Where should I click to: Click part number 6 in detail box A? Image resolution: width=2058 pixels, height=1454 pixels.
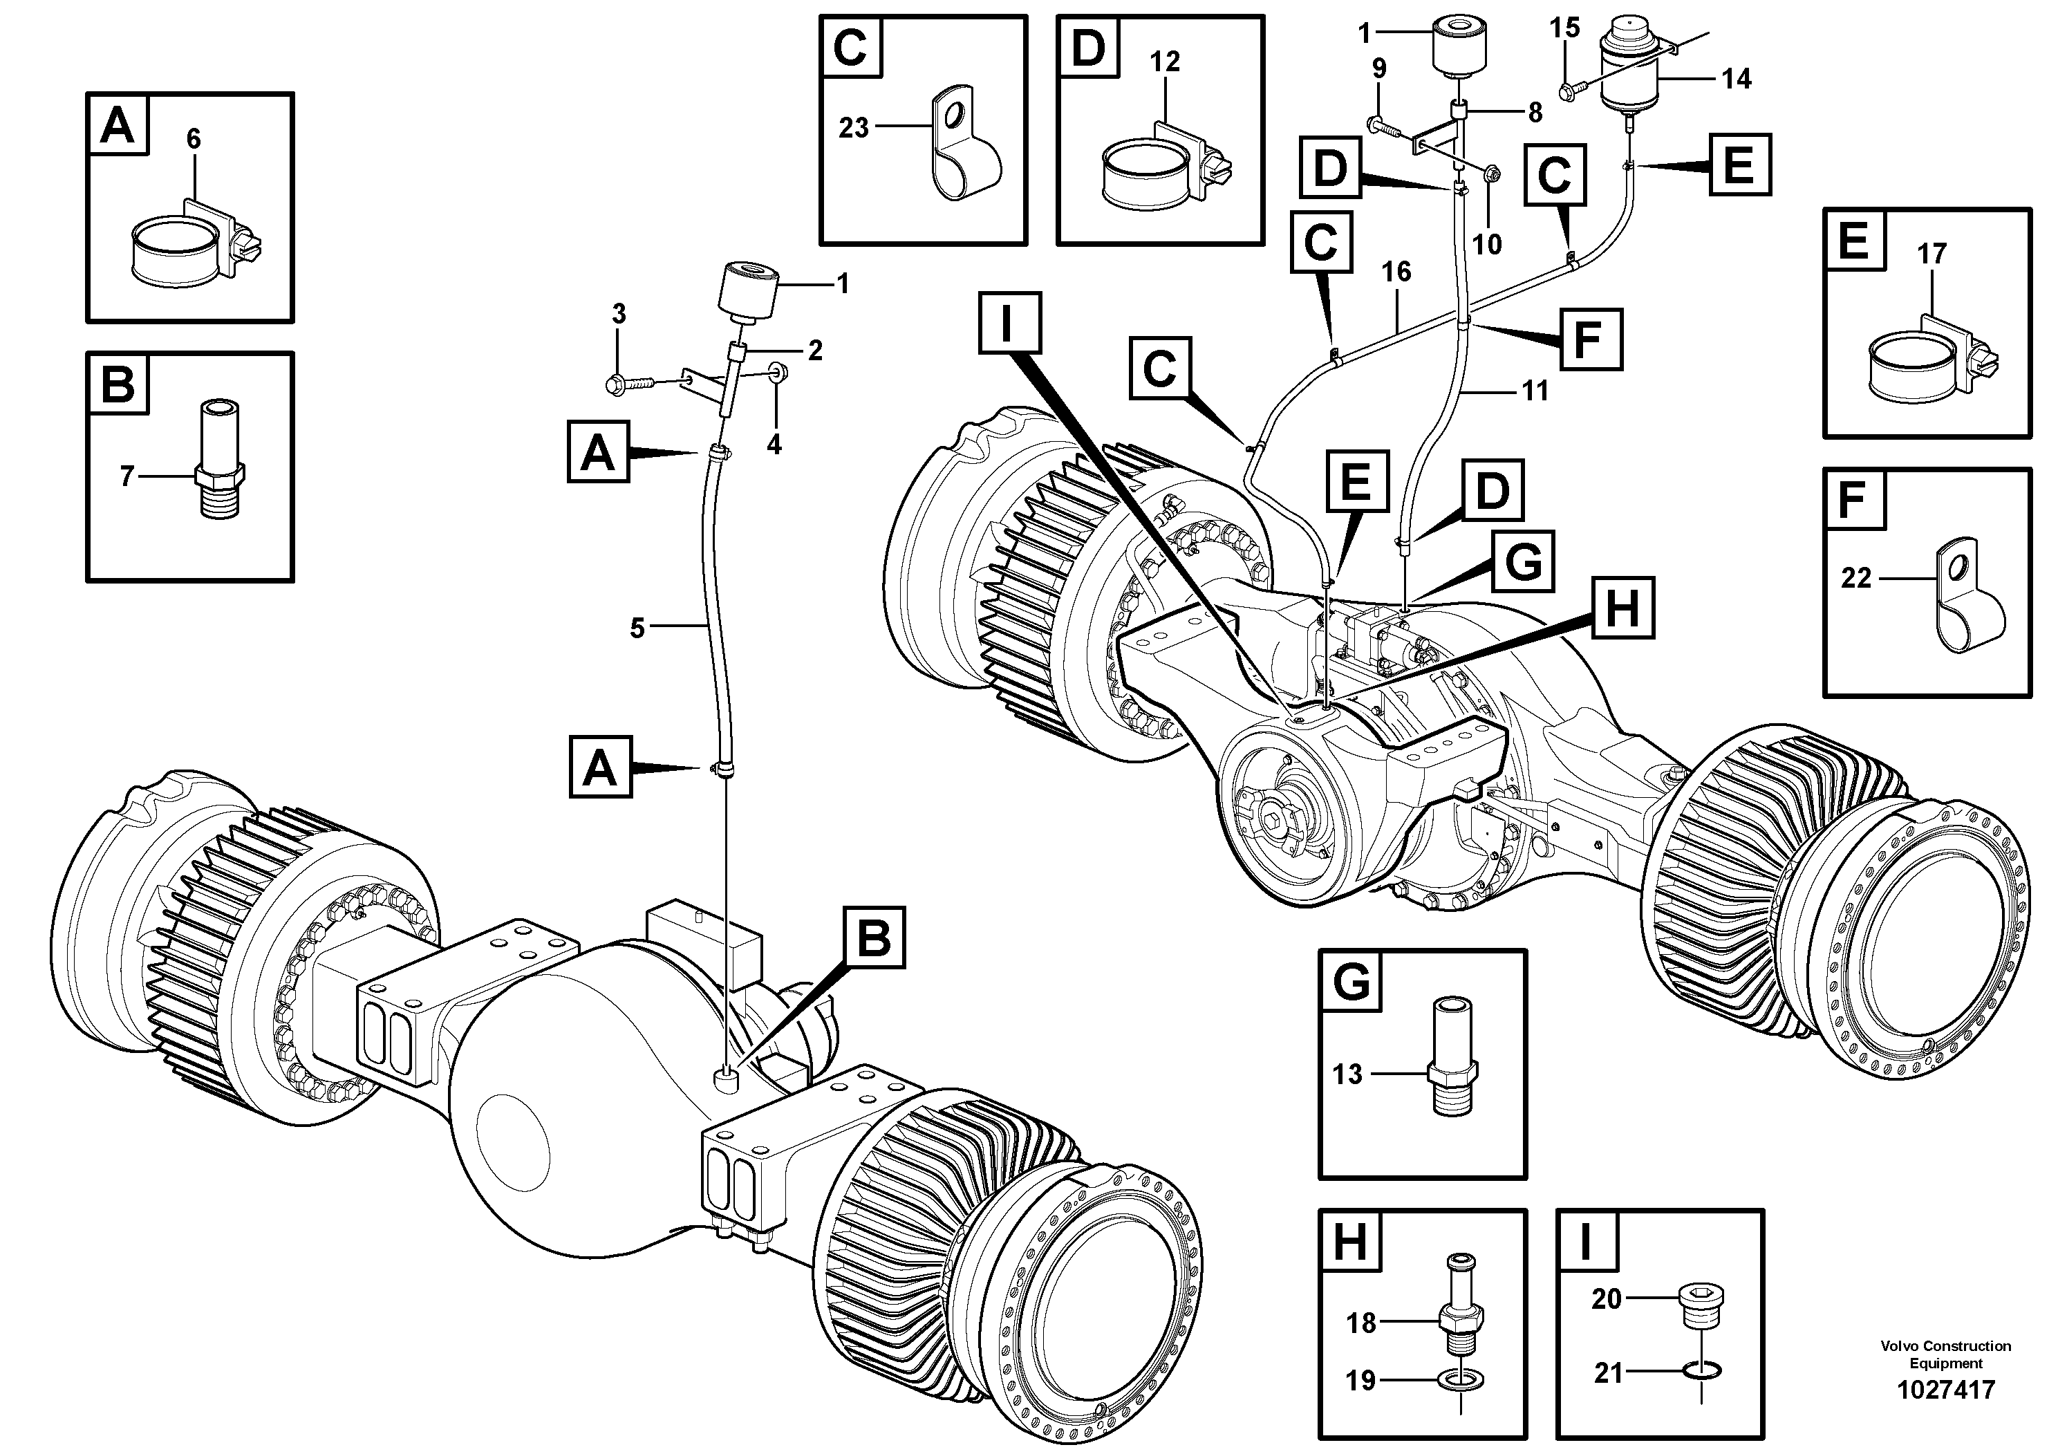pyautogui.click(x=194, y=139)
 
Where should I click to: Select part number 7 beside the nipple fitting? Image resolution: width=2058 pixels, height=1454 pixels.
pyautogui.click(x=127, y=476)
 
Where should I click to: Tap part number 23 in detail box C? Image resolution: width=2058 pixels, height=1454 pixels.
pyautogui.click(x=853, y=128)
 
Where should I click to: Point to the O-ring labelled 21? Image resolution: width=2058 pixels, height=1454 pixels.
pyautogui.click(x=1701, y=1370)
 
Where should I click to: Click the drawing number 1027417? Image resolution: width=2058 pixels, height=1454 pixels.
pyautogui.click(x=1946, y=1390)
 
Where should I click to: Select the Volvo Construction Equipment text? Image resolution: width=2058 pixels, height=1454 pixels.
pyautogui.click(x=1946, y=1354)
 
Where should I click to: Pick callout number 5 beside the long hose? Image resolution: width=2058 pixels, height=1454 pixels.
pyautogui.click(x=637, y=628)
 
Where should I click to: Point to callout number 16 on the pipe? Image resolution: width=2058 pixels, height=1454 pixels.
pyautogui.click(x=1396, y=271)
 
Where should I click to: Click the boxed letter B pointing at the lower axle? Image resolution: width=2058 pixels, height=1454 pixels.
pyautogui.click(x=874, y=937)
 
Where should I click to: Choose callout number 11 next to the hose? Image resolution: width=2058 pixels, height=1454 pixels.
pyautogui.click(x=1535, y=390)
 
